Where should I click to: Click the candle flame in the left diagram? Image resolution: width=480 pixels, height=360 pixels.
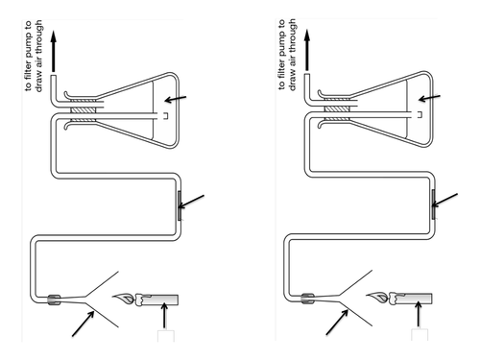click(123, 299)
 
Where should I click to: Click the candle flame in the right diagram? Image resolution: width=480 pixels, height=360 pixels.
click(377, 298)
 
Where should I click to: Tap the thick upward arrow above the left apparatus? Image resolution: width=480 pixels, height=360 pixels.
click(54, 51)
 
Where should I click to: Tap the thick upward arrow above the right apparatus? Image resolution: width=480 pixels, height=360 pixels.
click(307, 50)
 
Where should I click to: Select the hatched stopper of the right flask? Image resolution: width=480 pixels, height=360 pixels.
click(337, 109)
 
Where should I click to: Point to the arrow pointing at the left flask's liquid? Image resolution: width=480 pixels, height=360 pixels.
click(176, 99)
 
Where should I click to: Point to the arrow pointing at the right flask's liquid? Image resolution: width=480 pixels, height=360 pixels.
click(429, 98)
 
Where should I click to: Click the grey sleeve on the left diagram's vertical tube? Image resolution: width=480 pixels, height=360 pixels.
click(180, 205)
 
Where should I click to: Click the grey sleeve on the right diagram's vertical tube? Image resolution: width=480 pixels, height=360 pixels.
click(433, 204)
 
